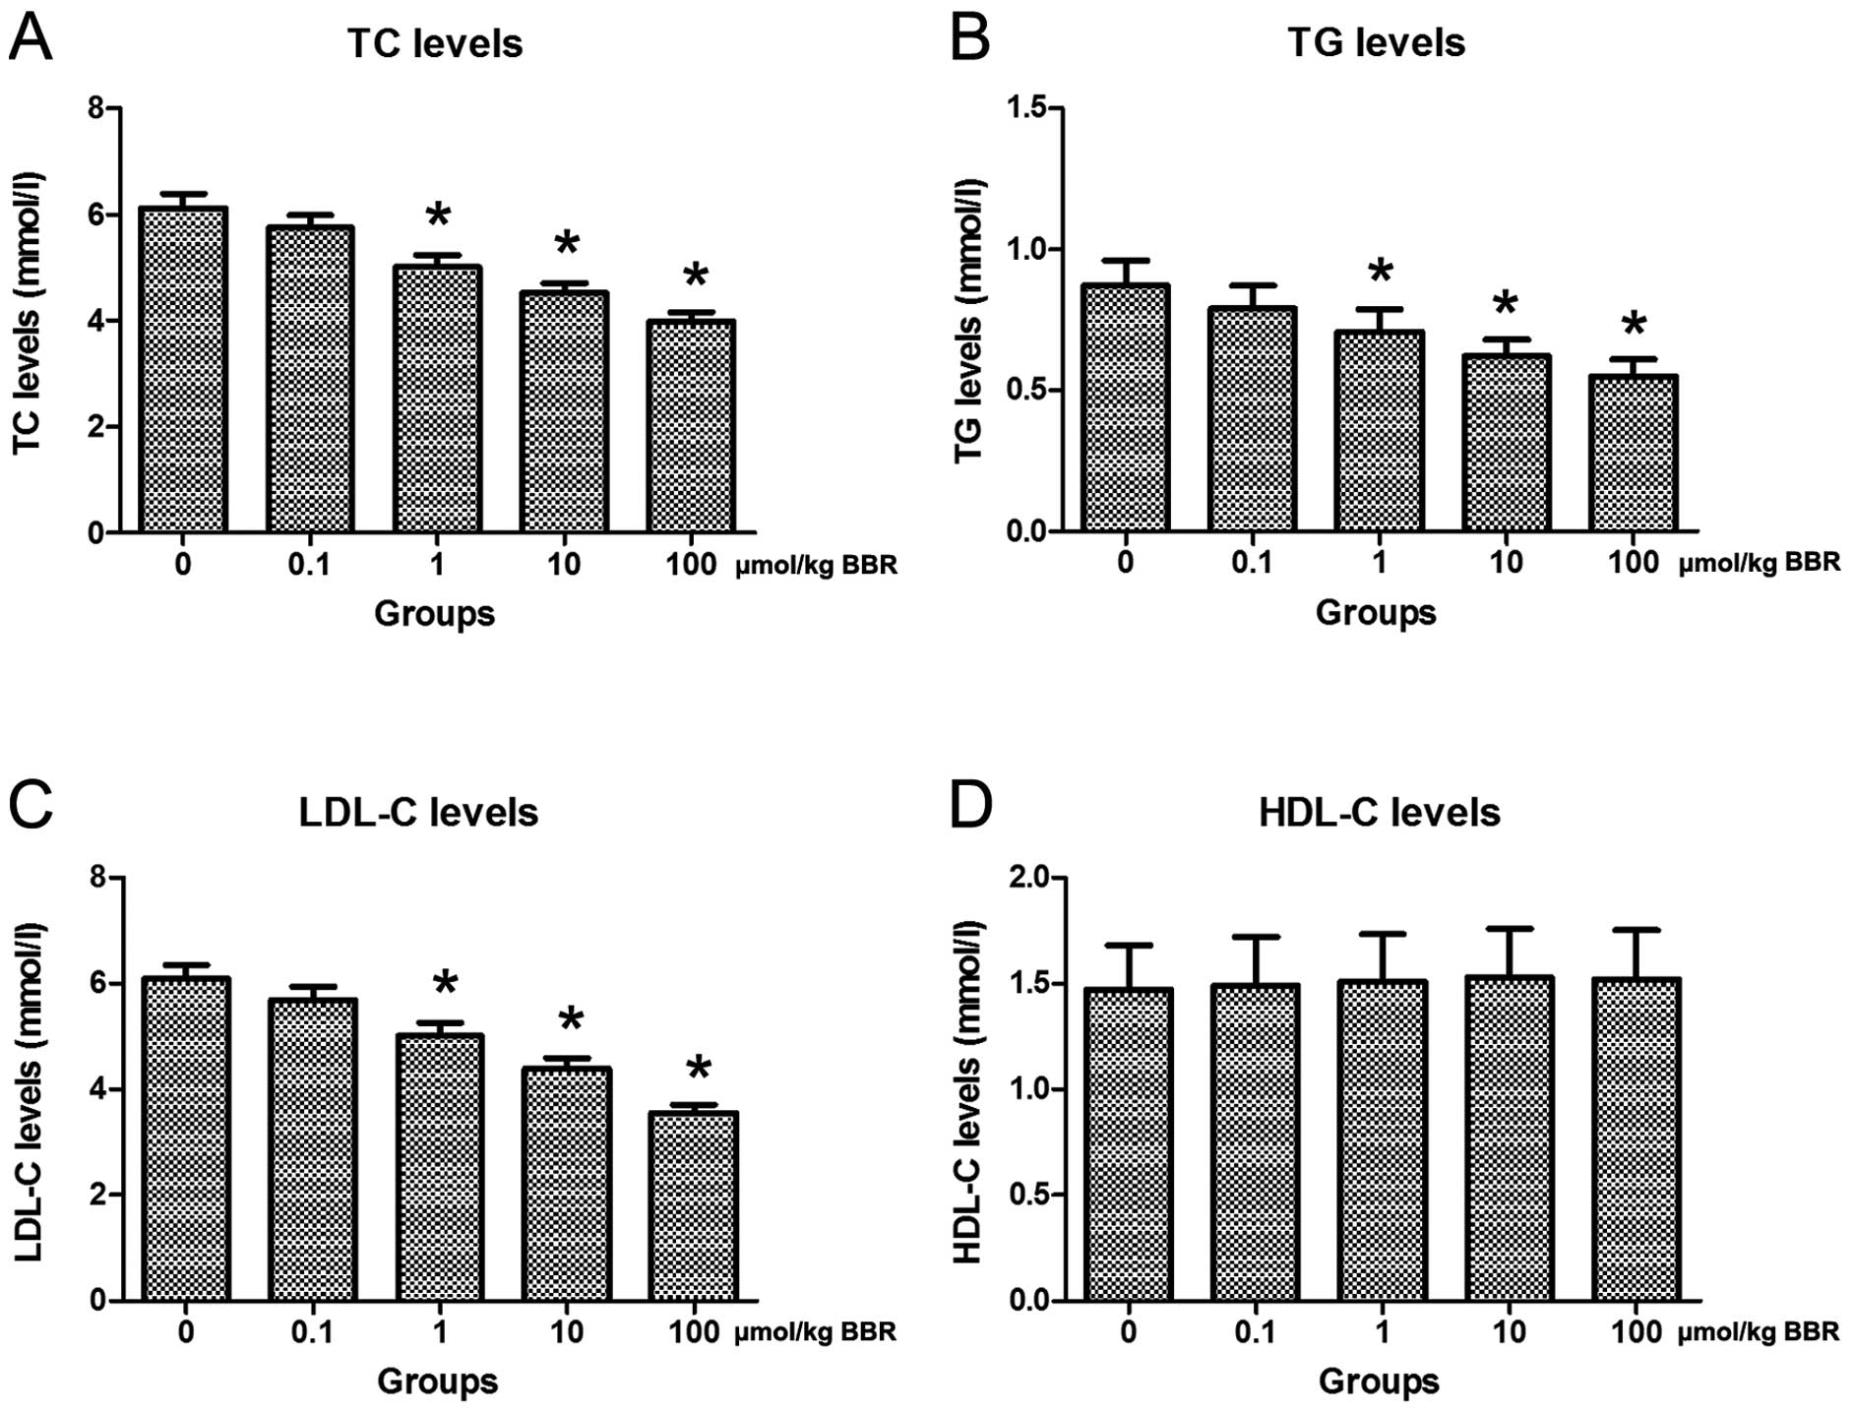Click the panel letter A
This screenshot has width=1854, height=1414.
pyautogui.click(x=31, y=40)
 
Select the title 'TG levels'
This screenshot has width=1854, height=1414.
pyautogui.click(x=1376, y=43)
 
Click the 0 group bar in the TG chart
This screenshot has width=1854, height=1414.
pyautogui.click(x=1126, y=408)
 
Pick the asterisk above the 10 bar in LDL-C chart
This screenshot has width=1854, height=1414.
pyautogui.click(x=570, y=1020)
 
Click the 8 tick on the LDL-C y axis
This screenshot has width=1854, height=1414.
pyautogui.click(x=97, y=877)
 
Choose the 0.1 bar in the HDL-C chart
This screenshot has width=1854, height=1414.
pyautogui.click(x=1256, y=1141)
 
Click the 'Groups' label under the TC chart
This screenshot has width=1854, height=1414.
pyautogui.click(x=434, y=613)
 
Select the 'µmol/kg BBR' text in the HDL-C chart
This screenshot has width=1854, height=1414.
pyautogui.click(x=1759, y=1332)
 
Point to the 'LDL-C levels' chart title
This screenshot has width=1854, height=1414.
pyautogui.click(x=419, y=813)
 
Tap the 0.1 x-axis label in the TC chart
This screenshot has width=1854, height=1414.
pyautogui.click(x=309, y=565)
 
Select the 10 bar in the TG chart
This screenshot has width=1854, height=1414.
pyautogui.click(x=1506, y=443)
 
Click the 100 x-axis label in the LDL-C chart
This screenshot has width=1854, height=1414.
pyautogui.click(x=694, y=1332)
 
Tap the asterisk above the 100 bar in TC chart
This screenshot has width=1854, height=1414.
pyautogui.click(x=696, y=276)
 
